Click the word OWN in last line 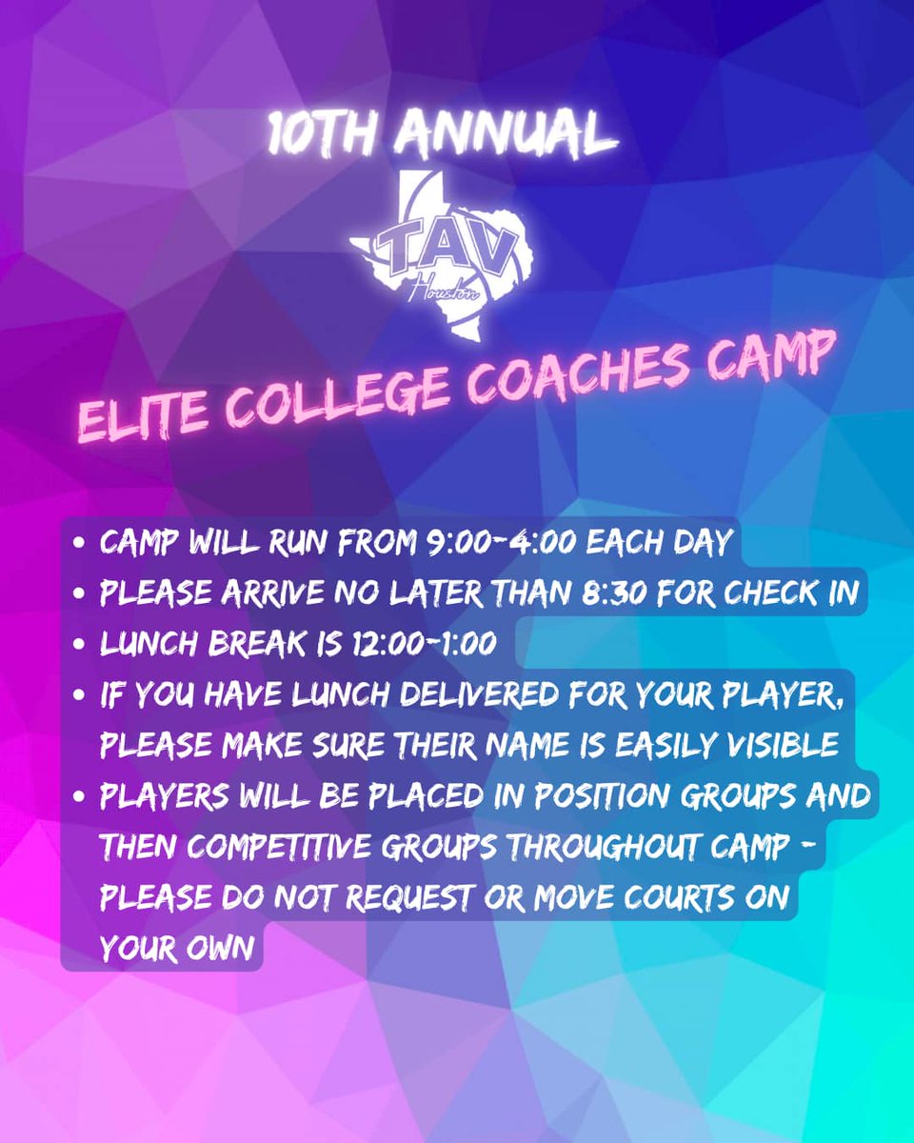point(224,950)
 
